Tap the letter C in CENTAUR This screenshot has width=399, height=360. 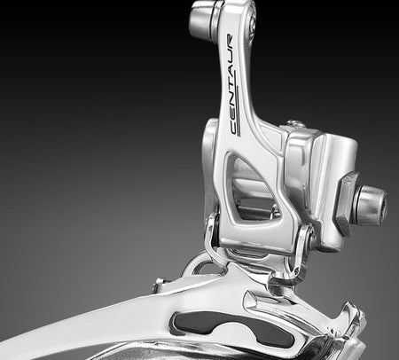tap(234, 129)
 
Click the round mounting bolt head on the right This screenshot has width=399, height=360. tap(371, 206)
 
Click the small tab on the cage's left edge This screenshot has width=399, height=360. tap(159, 285)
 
